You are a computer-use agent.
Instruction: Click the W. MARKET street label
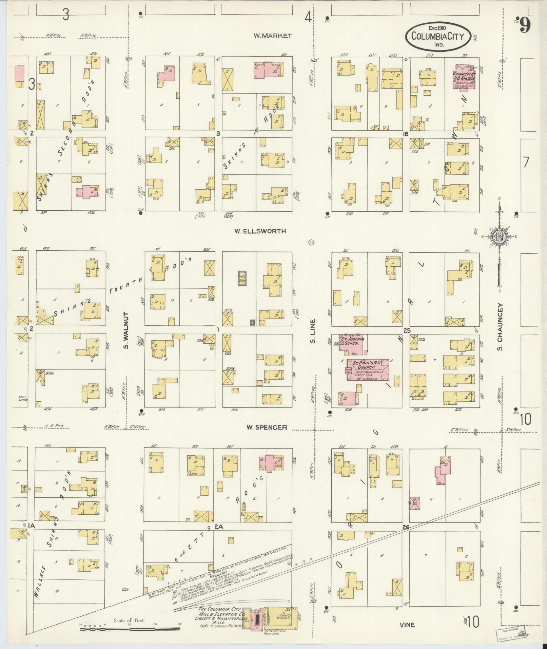point(272,36)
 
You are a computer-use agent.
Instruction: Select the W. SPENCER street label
point(267,427)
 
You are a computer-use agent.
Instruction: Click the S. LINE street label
point(313,330)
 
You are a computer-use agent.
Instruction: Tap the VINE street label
point(407,625)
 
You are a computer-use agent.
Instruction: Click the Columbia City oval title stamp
point(437,37)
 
